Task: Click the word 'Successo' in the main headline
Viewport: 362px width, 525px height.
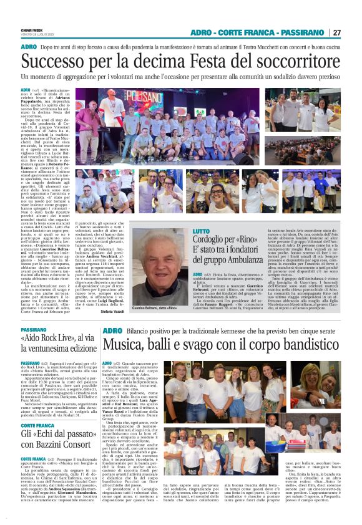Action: click(56, 60)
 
